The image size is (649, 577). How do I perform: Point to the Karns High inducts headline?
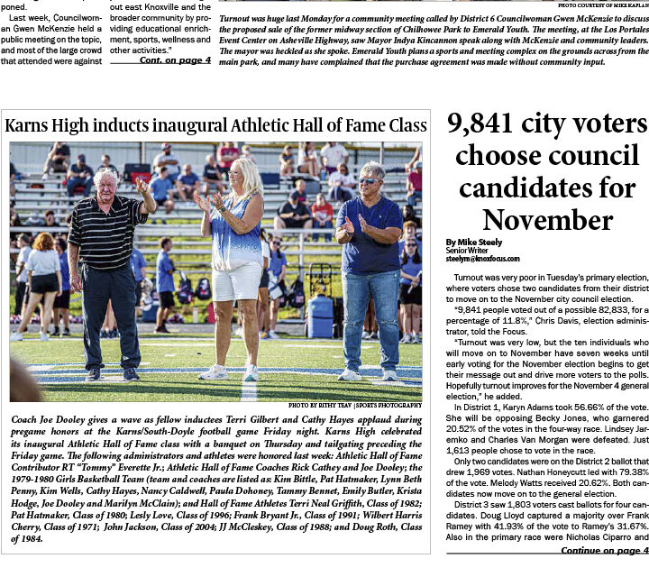pos(215,124)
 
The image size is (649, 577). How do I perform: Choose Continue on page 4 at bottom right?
pos(604,550)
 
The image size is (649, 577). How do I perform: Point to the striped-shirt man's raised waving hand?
pos(142,187)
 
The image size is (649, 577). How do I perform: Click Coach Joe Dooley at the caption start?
pos(50,420)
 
